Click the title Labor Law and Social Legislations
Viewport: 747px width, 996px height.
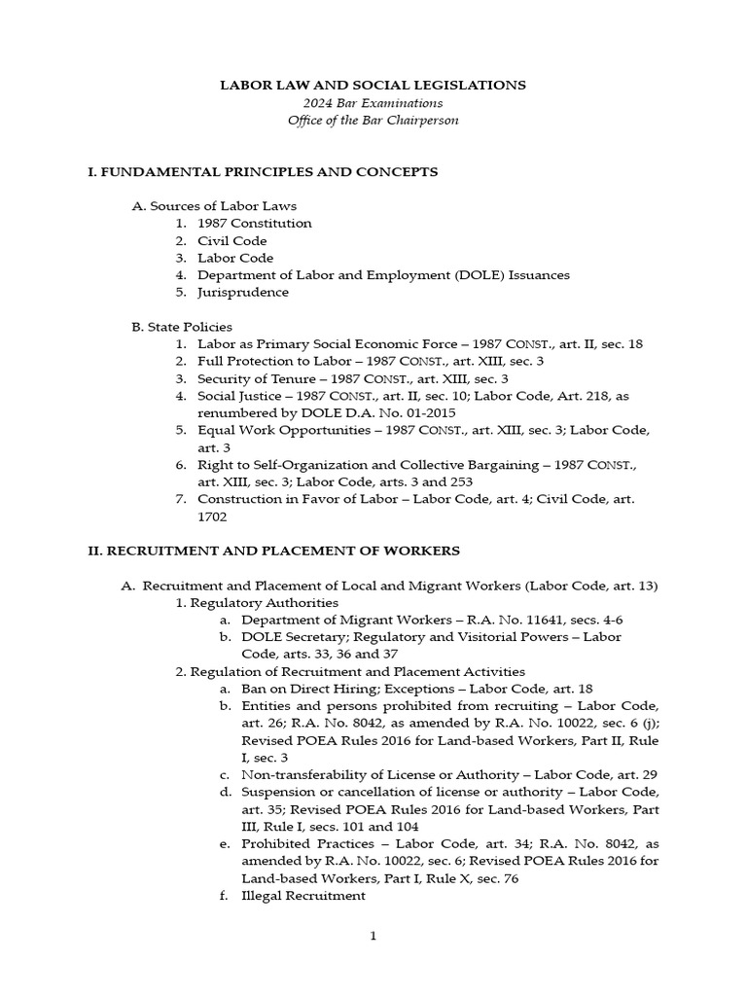[x=373, y=86]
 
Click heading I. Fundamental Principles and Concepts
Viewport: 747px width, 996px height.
[x=263, y=172]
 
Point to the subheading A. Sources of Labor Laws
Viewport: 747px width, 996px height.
[x=214, y=206]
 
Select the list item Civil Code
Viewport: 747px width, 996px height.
[x=231, y=241]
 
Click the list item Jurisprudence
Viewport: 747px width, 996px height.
[x=242, y=293]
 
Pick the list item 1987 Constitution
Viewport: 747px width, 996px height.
[x=254, y=224]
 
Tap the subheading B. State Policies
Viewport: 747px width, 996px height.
[x=182, y=327]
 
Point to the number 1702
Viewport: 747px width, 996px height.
[x=212, y=517]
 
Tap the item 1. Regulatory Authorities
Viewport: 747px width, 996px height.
[x=249, y=603]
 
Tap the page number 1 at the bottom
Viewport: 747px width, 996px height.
[x=373, y=937]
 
